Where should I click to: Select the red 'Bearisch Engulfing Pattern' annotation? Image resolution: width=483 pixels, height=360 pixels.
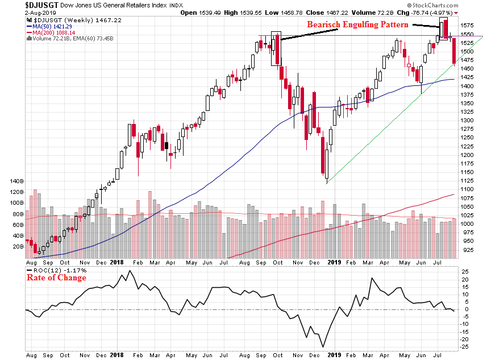tap(358, 24)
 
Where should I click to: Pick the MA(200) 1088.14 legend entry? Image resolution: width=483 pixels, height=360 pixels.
tap(52, 32)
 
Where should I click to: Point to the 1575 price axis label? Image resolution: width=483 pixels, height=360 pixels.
tap(468, 26)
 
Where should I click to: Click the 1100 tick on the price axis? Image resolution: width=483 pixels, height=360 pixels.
tap(468, 189)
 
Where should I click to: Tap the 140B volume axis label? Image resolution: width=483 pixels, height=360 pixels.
tap(15, 181)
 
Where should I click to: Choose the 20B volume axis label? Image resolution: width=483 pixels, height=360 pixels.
tap(17, 247)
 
